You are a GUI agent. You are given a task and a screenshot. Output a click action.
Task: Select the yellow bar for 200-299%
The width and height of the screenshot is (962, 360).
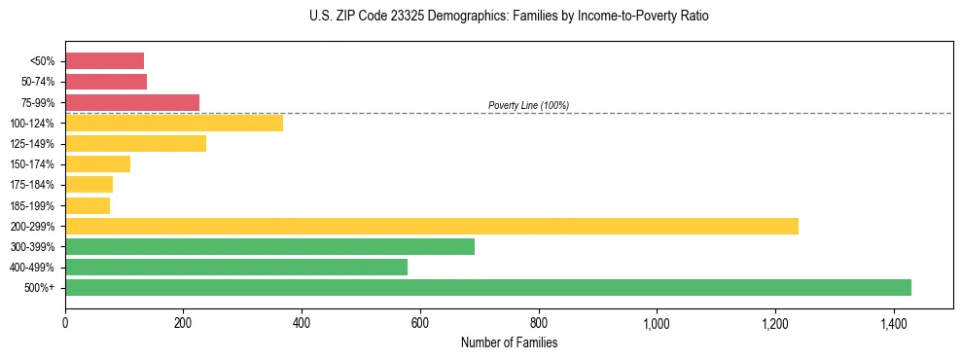pyautogui.click(x=432, y=226)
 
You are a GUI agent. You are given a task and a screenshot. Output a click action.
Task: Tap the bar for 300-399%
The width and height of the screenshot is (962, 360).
pyautogui.click(x=269, y=246)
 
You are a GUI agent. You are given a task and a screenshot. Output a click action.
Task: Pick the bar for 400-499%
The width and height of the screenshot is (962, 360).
pyautogui.click(x=236, y=267)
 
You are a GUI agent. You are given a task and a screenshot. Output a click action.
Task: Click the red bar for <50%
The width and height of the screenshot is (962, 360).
pyautogui.click(x=104, y=60)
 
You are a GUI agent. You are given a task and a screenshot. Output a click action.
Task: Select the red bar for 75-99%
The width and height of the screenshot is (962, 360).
pyautogui.click(x=132, y=102)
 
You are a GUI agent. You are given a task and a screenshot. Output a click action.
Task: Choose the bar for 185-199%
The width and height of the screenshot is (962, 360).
pyautogui.click(x=88, y=205)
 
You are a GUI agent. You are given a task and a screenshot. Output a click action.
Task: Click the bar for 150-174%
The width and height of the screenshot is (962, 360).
pyautogui.click(x=97, y=163)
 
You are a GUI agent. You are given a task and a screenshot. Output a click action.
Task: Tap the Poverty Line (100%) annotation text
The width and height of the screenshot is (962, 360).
pyautogui.click(x=528, y=105)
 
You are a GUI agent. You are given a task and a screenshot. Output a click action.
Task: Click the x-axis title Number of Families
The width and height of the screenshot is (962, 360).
pyautogui.click(x=509, y=342)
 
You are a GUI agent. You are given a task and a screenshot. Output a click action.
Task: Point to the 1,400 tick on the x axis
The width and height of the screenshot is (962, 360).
pyautogui.click(x=893, y=323)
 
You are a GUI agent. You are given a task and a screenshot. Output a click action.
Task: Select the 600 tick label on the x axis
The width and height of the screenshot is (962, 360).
pyautogui.click(x=420, y=323)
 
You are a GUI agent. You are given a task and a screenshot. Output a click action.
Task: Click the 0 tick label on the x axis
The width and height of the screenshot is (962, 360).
pyautogui.click(x=65, y=323)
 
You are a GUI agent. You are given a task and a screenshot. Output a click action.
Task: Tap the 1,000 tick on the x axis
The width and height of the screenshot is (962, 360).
pyautogui.click(x=657, y=323)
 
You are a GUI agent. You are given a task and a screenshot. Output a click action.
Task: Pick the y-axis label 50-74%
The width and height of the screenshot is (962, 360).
pyautogui.click(x=38, y=82)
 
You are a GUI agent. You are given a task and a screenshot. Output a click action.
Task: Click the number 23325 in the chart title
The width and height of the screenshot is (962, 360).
pyautogui.click(x=380, y=17)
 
